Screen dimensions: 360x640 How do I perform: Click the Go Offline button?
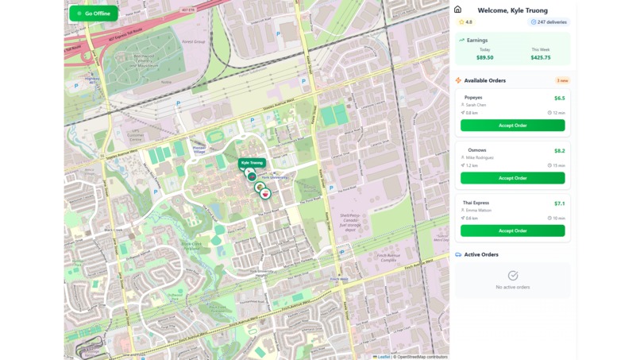coord(94,14)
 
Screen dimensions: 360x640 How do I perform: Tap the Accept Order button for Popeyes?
coord(512,126)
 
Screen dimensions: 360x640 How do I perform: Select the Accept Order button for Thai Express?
coord(512,230)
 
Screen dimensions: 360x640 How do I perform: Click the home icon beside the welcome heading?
coord(457,10)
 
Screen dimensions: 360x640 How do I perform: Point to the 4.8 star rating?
coord(466,22)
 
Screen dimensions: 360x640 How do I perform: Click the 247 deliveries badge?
coord(549,22)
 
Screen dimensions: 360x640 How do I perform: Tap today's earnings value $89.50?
coord(484,57)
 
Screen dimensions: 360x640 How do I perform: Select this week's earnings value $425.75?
coord(541,57)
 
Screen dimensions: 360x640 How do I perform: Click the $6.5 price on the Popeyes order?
coord(559,99)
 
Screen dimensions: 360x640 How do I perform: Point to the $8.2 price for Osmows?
coord(559,151)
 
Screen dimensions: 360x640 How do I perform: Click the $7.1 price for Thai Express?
coord(559,203)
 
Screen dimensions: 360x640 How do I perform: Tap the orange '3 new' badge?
coord(561,80)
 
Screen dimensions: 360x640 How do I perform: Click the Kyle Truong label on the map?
coord(252,163)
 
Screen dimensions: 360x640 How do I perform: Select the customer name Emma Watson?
coord(479,210)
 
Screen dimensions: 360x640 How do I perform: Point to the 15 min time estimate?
coord(557,165)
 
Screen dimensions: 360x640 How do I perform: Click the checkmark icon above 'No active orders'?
coord(512,275)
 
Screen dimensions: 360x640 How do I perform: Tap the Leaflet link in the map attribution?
coord(383,357)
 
